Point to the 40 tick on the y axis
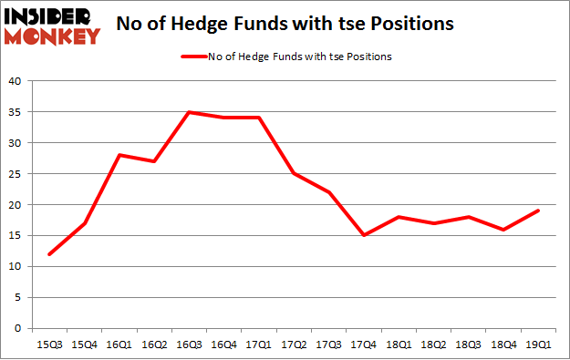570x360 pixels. click(x=15, y=81)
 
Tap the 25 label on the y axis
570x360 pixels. click(x=15, y=174)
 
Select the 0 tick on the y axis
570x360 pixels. click(x=18, y=328)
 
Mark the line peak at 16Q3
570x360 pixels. click(x=187, y=112)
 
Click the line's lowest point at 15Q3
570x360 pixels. click(x=48, y=254)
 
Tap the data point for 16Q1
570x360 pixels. click(x=118, y=155)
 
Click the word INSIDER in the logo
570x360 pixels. click(x=51, y=17)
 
